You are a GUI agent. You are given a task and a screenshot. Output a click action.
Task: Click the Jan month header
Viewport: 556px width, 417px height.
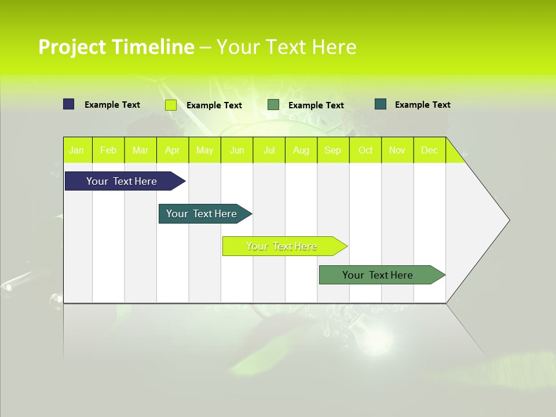tap(76, 151)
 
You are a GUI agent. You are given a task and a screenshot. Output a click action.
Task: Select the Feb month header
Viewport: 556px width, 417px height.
tap(108, 151)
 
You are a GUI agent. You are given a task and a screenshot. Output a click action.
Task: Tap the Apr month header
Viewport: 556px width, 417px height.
tap(173, 151)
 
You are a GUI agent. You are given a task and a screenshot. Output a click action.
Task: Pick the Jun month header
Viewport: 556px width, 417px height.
tap(237, 151)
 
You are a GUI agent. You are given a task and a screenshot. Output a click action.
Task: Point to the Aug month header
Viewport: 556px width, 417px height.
tap(301, 151)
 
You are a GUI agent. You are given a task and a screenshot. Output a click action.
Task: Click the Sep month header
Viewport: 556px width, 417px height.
tap(333, 151)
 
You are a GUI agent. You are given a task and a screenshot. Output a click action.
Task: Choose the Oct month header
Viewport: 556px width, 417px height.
tap(365, 151)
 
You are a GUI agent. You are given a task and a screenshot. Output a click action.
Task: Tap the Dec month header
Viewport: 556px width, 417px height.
tap(430, 151)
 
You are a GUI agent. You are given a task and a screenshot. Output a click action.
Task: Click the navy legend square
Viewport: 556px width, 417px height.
tap(69, 104)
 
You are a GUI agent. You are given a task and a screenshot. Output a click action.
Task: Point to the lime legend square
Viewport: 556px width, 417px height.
tap(171, 105)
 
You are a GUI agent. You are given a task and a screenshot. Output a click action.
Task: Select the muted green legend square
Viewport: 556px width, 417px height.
tap(273, 105)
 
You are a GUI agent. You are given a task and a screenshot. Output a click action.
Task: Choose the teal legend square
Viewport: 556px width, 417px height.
tap(381, 104)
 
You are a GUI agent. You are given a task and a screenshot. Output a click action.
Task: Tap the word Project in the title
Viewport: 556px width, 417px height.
tap(72, 47)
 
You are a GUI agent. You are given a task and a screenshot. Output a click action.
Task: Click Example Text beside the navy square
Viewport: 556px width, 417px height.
tap(112, 105)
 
